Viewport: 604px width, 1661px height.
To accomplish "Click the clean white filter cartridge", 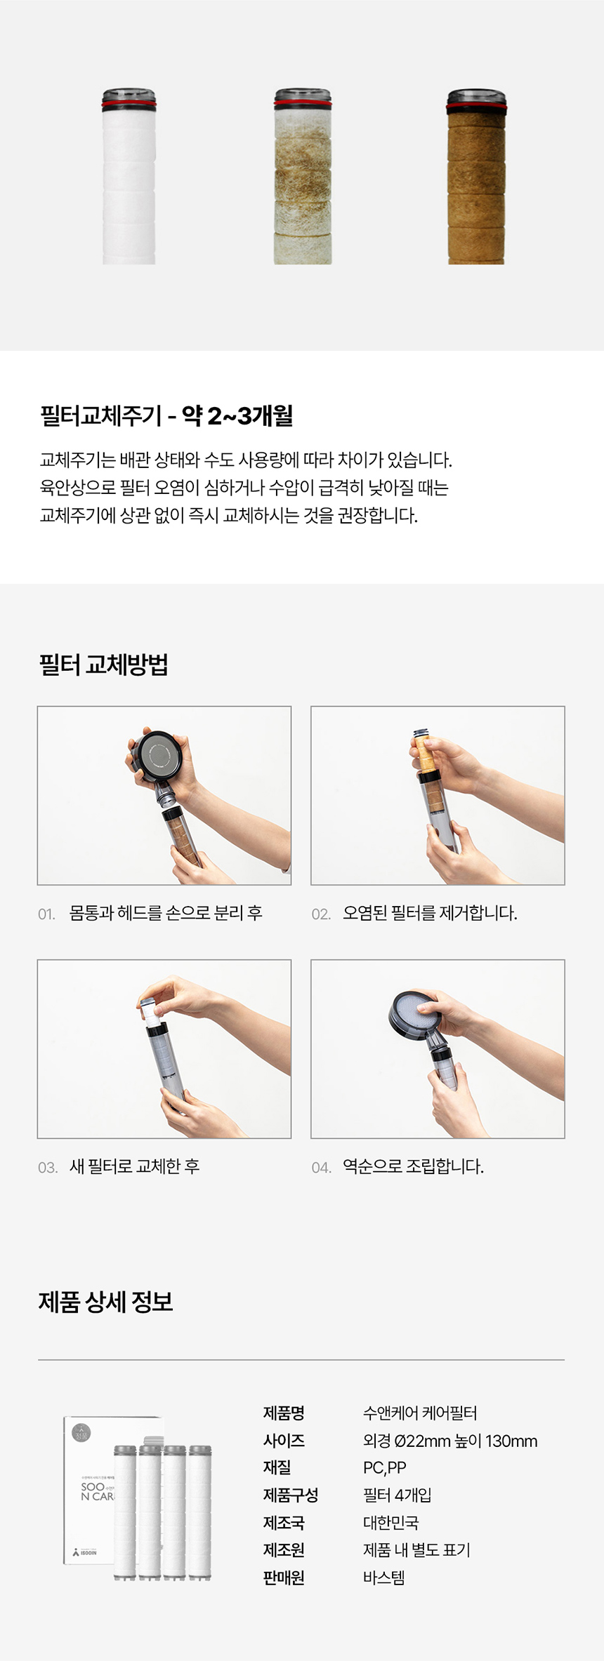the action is tap(129, 177).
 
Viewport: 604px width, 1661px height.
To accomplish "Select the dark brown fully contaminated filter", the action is tap(476, 177).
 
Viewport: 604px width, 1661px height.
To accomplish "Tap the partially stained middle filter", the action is tap(303, 177).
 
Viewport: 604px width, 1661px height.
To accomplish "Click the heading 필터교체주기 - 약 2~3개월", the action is tap(166, 416).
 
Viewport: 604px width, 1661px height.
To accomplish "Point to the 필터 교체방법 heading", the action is tap(103, 664).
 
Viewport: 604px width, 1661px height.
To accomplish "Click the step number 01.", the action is tap(46, 914).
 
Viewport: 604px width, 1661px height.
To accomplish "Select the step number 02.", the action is tap(321, 914).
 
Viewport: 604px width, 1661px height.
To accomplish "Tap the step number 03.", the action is tap(48, 1168).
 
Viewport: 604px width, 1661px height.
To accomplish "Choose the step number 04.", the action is tap(322, 1168).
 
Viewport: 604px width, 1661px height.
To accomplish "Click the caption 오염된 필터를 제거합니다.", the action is tap(430, 913).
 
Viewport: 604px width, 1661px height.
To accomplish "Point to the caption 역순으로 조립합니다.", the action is tap(413, 1166).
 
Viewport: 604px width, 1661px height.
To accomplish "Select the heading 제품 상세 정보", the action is tap(105, 1302).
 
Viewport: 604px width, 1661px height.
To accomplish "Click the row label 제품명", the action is tap(284, 1413).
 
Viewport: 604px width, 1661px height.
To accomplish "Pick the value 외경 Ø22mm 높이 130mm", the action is tap(450, 1441).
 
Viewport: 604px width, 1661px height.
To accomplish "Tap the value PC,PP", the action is tap(385, 1468).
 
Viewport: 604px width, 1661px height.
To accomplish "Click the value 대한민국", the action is tap(390, 1523).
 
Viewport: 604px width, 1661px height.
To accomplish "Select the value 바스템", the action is tap(384, 1577).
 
